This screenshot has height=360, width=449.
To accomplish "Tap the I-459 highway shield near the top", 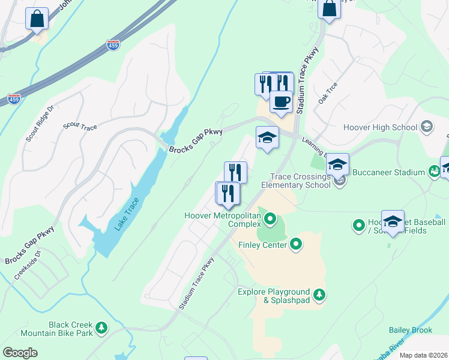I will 113,44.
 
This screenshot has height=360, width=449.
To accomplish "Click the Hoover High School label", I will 380,127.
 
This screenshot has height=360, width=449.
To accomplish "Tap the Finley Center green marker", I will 296,244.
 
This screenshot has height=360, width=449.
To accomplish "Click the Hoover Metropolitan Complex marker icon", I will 270,218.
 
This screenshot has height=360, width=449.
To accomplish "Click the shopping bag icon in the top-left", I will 37,18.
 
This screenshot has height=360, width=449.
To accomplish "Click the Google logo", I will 20,353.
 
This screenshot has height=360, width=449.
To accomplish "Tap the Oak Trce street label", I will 328,93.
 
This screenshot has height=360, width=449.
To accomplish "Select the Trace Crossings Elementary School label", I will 301,181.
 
